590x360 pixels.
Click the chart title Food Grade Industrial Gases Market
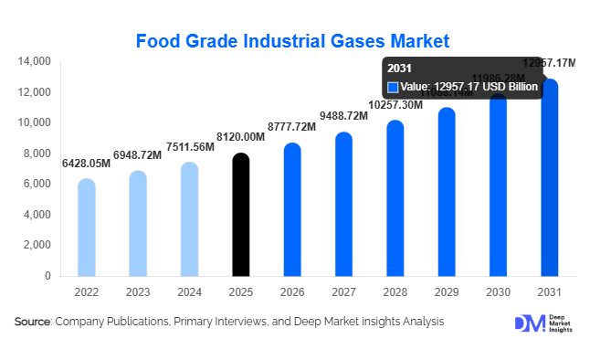pyautogui.click(x=292, y=41)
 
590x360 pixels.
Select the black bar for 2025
pyautogui.click(x=240, y=216)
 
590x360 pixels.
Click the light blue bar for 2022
pyautogui.click(x=86, y=228)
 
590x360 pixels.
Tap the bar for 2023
pyautogui.click(x=137, y=224)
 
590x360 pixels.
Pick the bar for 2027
pyautogui.click(x=343, y=205)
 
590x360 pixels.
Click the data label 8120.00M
pyautogui.click(x=240, y=136)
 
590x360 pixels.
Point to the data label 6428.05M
pyautogui.click(x=86, y=163)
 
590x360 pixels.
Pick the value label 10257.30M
pyautogui.click(x=395, y=105)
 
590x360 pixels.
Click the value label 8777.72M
pyautogui.click(x=292, y=127)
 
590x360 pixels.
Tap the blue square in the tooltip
pyautogui.click(x=393, y=87)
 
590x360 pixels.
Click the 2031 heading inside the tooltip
pyautogui.click(x=400, y=69)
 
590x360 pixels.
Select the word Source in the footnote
pyautogui.click(x=32, y=322)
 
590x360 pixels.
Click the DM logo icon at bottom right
pyautogui.click(x=528, y=324)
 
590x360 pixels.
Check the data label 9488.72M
pyautogui.click(x=343, y=116)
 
